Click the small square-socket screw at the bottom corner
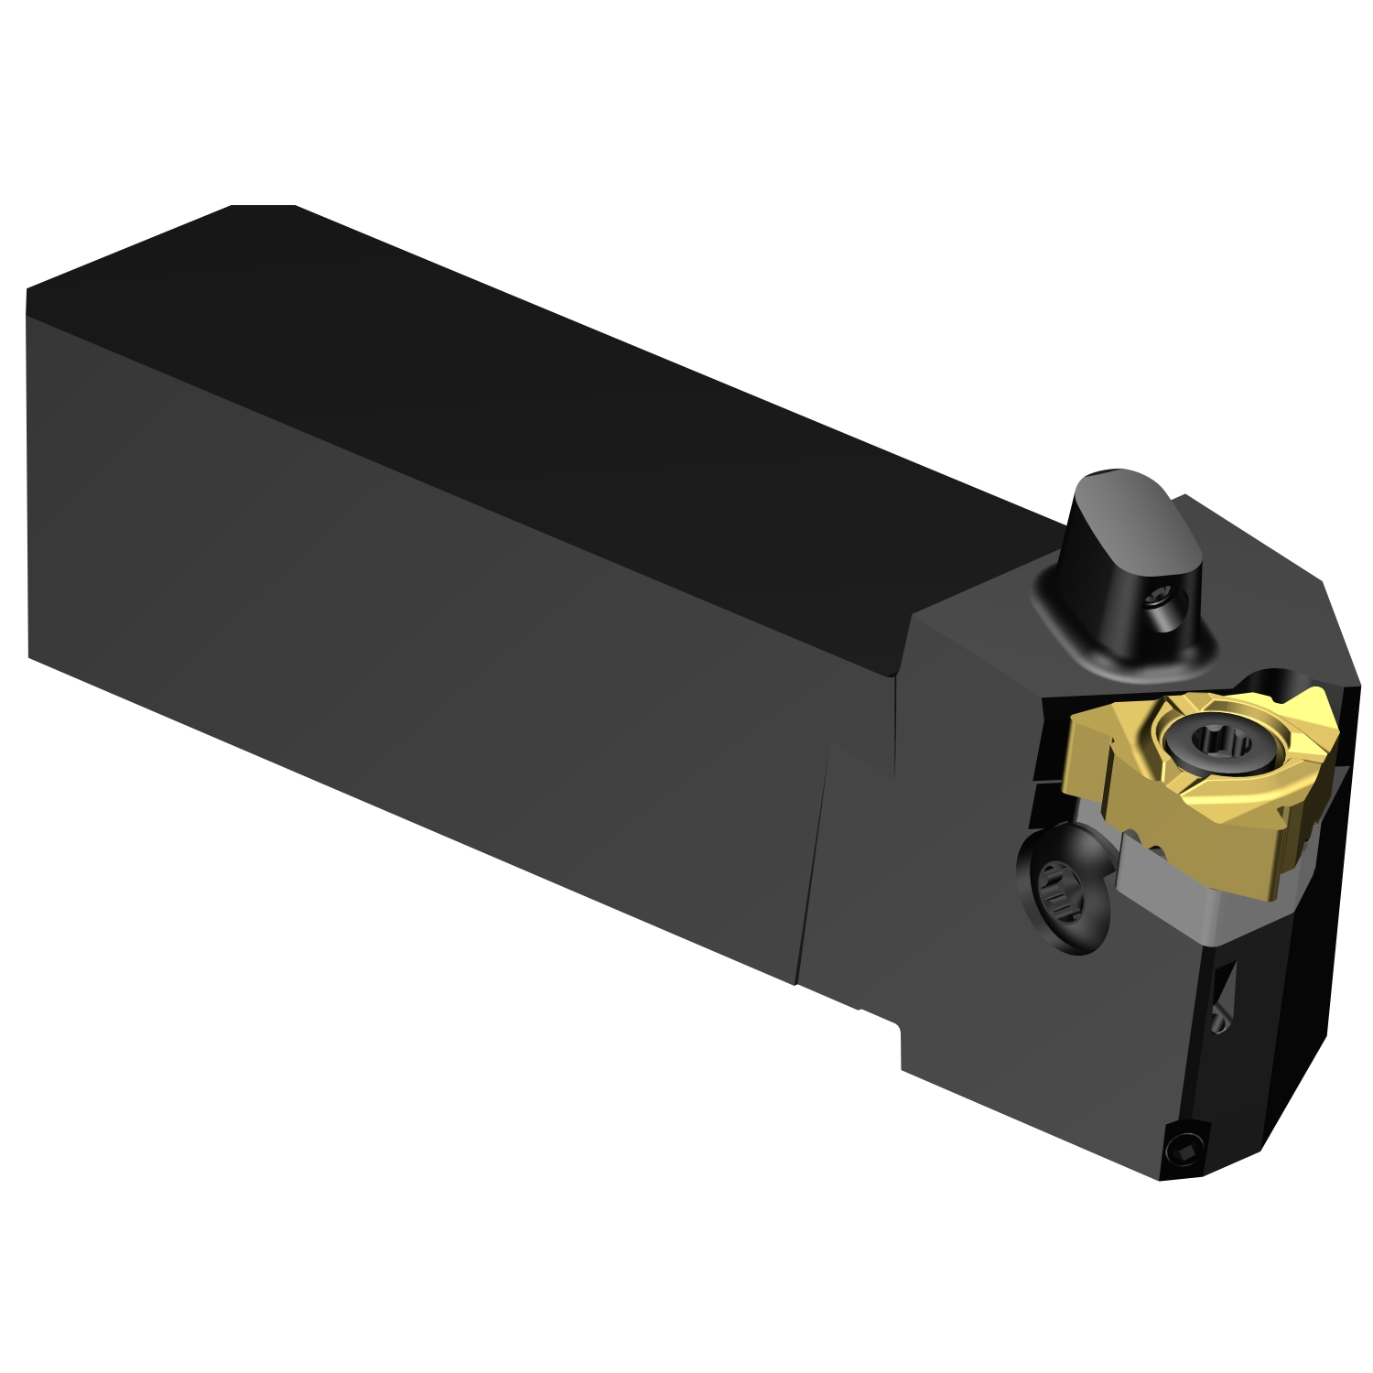[1183, 1148]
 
